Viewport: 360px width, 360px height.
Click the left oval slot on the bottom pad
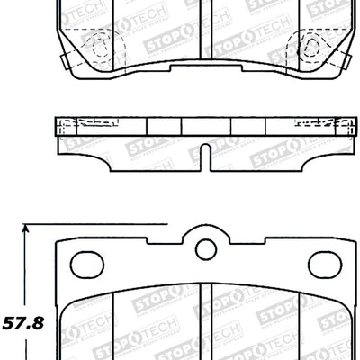88,264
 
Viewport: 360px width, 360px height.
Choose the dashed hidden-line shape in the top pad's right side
311,45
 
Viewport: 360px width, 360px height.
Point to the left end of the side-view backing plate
58,127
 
